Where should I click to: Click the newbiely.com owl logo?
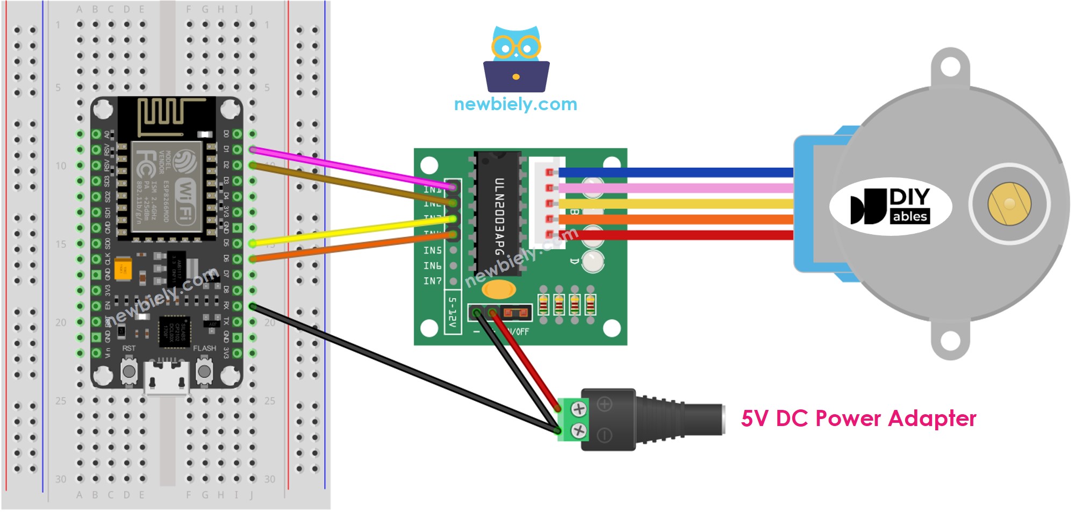516,59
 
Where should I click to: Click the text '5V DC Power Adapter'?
858,419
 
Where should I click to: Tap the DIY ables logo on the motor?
891,206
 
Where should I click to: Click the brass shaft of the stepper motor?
1009,204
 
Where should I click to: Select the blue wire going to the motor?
677,172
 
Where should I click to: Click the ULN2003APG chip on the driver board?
498,215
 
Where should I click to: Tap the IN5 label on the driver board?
432,250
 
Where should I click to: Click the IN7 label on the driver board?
432,281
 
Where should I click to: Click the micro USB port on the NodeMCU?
167,379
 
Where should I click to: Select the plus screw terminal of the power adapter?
578,409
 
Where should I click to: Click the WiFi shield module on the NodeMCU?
167,186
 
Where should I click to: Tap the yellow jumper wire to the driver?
349,231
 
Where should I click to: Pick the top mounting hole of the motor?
950,67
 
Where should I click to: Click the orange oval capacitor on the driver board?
498,290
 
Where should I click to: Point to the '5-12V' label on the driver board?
453,312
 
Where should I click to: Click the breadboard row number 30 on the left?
61,479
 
